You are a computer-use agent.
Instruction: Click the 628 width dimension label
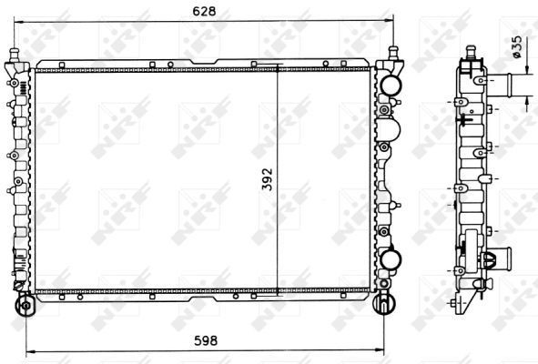(x=204, y=11)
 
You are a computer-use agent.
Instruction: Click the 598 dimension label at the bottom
(x=206, y=340)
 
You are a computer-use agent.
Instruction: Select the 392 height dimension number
(x=267, y=178)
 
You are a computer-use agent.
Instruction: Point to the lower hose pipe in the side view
(x=502, y=258)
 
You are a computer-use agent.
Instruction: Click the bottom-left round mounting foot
(x=25, y=305)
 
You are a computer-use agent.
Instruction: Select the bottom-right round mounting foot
(x=384, y=303)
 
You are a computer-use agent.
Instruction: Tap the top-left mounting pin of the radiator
(x=15, y=56)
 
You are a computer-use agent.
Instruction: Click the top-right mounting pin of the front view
(x=393, y=53)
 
